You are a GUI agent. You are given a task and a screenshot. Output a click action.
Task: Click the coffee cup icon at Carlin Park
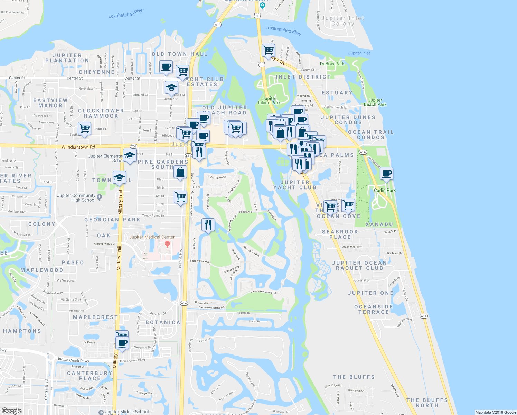click(387, 174)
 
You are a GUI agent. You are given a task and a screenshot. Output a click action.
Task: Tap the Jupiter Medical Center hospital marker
click(168, 244)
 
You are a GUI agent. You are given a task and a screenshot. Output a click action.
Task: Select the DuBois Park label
click(332, 64)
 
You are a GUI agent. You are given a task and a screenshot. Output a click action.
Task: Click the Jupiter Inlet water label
click(359, 53)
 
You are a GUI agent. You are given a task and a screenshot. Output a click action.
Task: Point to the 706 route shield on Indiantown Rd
click(134, 146)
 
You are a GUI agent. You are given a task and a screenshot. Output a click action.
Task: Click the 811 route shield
click(188, 156)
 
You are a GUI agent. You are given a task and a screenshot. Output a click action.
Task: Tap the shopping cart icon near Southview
click(84, 129)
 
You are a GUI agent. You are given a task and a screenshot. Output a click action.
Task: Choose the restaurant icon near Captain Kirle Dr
click(208, 225)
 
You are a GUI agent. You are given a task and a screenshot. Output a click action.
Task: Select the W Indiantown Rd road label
click(78, 147)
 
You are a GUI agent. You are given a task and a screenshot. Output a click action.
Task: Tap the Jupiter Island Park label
click(269, 100)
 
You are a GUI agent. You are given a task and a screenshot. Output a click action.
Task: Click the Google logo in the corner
click(12, 411)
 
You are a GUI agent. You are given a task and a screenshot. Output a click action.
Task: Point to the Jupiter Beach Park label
click(375, 102)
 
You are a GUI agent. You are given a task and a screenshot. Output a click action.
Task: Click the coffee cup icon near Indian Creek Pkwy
click(122, 343)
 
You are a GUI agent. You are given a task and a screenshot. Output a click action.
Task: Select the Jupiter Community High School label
click(76, 197)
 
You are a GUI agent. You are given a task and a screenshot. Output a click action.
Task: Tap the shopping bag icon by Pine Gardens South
click(180, 172)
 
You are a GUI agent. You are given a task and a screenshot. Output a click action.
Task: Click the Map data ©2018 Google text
click(496, 412)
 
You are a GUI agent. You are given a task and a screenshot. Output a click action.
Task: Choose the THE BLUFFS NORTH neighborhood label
click(427, 403)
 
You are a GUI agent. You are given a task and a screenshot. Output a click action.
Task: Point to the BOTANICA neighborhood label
click(163, 322)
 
